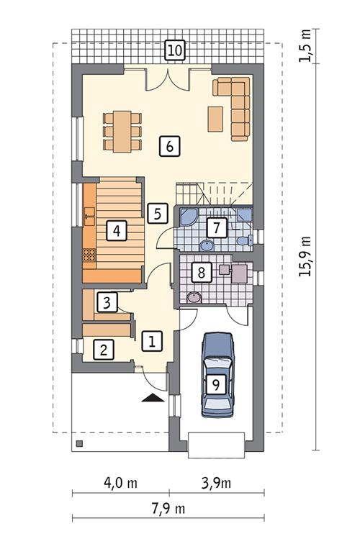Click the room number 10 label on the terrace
click(x=174, y=50)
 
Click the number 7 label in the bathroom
click(x=214, y=228)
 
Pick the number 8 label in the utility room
click(x=201, y=273)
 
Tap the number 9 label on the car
click(x=214, y=384)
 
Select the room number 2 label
click(x=104, y=350)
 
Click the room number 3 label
click(x=107, y=302)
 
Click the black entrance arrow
click(x=152, y=396)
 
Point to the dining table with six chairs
click(x=121, y=130)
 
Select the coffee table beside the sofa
click(x=215, y=119)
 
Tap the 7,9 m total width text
click(x=170, y=509)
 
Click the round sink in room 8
click(x=193, y=297)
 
